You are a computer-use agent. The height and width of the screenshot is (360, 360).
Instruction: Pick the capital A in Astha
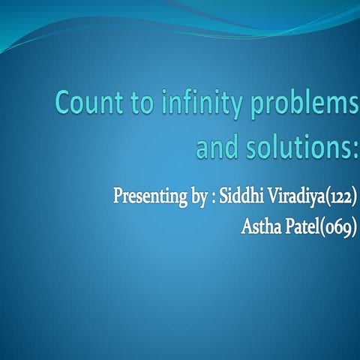245,227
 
